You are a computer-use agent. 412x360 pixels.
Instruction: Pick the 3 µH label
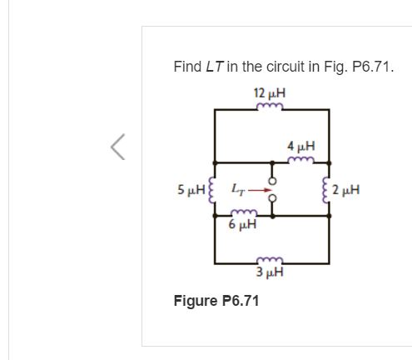click(x=271, y=272)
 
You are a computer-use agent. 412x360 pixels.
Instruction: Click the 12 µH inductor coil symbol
click(x=271, y=107)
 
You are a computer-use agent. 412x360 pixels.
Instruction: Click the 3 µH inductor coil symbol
click(x=271, y=259)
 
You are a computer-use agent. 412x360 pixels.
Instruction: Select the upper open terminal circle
click(x=272, y=179)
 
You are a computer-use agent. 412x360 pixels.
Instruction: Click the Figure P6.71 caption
click(x=216, y=300)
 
